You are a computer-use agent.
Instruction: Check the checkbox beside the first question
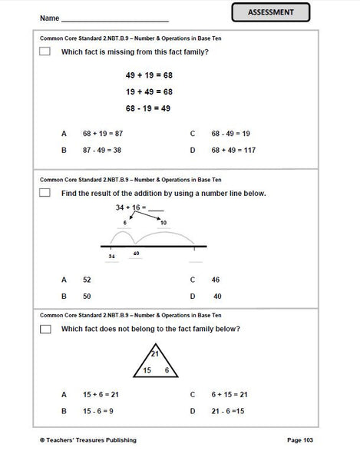(45, 51)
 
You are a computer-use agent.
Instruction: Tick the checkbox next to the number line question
(45, 193)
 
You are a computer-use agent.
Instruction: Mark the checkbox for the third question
(45, 329)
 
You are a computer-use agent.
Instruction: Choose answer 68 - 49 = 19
(226, 134)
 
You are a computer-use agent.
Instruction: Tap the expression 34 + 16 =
(134, 207)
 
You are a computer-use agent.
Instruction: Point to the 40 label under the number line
(136, 253)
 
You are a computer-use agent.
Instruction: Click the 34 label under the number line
(112, 256)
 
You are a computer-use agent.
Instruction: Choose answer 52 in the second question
(87, 280)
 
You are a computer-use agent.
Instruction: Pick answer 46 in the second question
(216, 280)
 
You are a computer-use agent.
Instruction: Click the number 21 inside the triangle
(154, 353)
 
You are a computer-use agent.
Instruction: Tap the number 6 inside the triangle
(166, 370)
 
